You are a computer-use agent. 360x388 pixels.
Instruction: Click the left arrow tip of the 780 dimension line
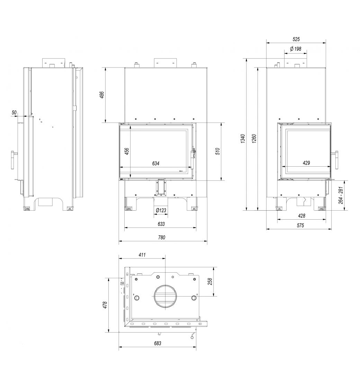tap(119, 241)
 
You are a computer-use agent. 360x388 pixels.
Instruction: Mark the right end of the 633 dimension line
tap(196, 227)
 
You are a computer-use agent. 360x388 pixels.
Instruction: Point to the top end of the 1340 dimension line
tap(246, 59)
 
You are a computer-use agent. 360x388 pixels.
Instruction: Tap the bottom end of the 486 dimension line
tap(106, 123)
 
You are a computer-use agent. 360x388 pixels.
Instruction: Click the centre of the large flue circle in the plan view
tap(165, 296)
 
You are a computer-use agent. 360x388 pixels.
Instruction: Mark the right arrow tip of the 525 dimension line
tap(326, 42)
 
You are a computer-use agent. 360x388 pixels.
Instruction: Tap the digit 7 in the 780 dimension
tap(159, 237)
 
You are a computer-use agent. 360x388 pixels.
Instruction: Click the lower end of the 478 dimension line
tap(108, 332)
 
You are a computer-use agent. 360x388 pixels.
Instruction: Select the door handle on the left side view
tap(14, 160)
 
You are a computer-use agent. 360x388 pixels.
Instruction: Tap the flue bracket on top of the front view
tap(166, 63)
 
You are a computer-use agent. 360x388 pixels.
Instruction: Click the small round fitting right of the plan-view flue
tap(194, 298)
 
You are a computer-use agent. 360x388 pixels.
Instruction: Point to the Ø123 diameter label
tap(161, 211)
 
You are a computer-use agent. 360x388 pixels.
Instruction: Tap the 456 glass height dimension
tap(127, 151)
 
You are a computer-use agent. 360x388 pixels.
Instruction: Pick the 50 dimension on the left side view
tap(14, 113)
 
